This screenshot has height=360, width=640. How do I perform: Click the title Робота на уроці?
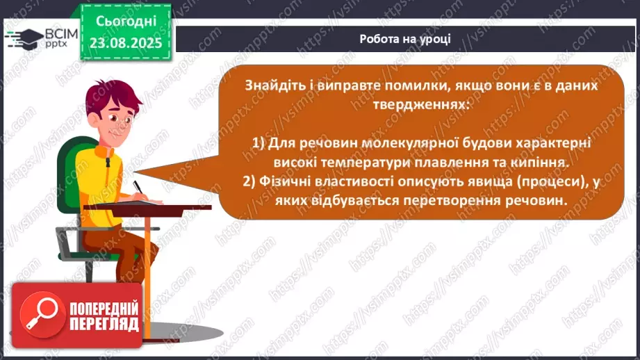[405, 38]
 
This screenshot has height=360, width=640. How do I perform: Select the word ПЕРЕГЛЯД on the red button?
[104, 325]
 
